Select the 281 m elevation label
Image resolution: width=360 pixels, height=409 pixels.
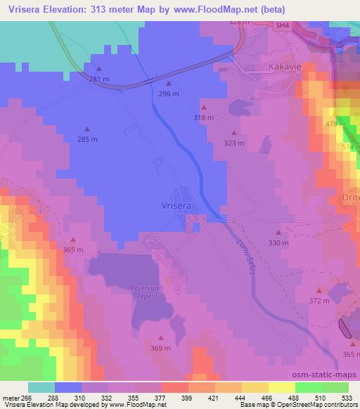99,79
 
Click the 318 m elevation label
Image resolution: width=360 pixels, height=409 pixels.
203,117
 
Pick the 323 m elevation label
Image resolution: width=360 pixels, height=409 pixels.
233,143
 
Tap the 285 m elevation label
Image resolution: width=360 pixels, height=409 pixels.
87,139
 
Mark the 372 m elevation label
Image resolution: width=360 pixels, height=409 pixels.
319,301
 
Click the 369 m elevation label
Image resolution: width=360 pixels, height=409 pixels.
161,348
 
